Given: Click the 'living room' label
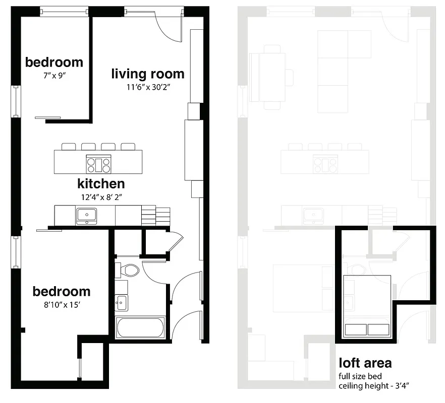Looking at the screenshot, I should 148,74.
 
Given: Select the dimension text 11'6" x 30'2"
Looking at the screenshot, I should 148,87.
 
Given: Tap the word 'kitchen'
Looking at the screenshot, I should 101,183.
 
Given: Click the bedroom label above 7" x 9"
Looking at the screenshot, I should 54,62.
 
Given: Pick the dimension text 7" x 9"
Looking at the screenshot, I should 54,75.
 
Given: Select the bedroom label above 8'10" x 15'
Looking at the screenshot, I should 62,292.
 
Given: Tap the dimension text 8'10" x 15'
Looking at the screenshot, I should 62,304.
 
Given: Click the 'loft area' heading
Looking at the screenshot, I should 365,363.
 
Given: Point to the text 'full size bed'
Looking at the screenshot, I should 360,376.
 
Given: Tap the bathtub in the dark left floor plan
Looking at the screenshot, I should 140,327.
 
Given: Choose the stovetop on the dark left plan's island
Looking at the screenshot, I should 98,162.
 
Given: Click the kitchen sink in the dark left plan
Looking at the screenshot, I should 87,216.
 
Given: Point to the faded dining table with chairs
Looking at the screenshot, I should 272,77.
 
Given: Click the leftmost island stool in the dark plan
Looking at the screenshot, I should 69,147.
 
